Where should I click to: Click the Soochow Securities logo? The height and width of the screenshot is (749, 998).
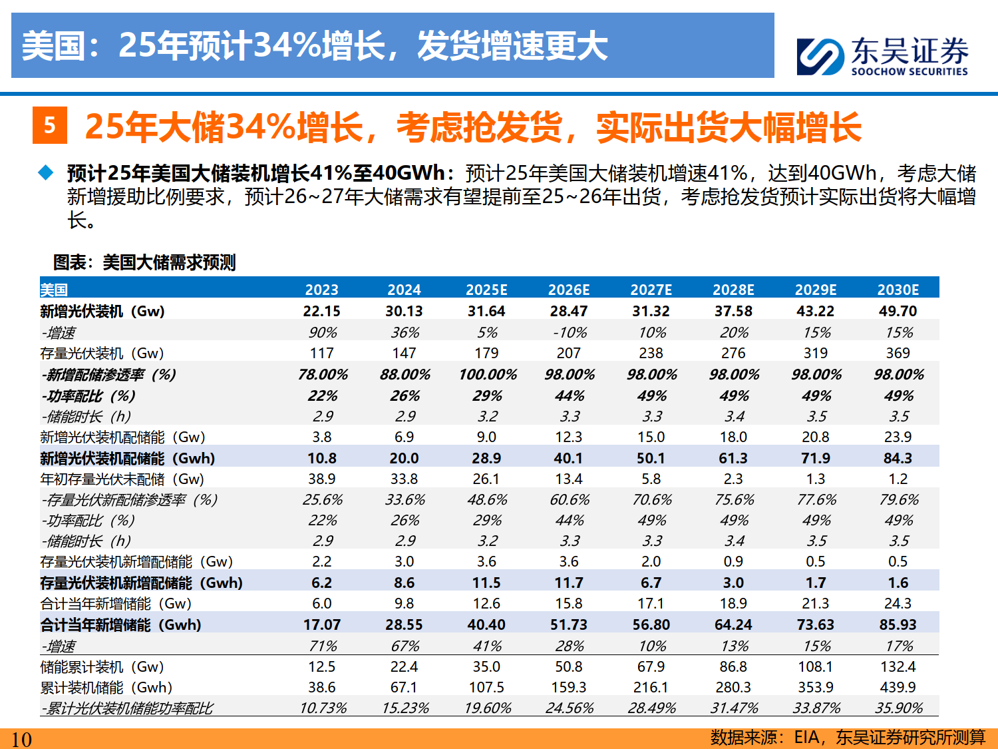[882, 56]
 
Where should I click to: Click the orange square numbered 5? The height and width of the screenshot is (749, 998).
[50, 125]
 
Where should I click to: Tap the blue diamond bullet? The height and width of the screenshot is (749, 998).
[46, 173]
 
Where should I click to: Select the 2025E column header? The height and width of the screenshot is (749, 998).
[486, 290]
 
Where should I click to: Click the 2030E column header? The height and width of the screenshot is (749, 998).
[898, 290]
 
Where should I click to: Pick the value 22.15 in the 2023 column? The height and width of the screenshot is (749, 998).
[321, 311]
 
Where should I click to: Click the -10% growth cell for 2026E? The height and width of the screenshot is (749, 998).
[570, 332]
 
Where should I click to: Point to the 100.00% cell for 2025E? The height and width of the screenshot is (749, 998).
[487, 374]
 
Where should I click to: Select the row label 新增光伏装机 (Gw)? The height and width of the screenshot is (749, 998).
[102, 311]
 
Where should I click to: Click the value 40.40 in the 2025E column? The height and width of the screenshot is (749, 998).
[486, 624]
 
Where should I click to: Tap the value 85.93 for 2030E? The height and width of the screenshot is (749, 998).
[898, 624]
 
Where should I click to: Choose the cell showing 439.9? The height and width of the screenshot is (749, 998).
[898, 687]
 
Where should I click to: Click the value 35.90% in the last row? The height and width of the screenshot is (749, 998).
[898, 708]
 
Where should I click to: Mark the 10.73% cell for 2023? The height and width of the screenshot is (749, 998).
[323, 708]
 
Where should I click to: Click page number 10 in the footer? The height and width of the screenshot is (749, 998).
[21, 739]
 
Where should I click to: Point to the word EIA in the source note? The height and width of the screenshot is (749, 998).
[806, 737]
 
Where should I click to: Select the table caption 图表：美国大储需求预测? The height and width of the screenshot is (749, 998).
[144, 262]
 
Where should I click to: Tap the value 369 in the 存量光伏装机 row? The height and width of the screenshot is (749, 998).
[898, 353]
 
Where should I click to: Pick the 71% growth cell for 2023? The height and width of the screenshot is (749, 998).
[323, 646]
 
